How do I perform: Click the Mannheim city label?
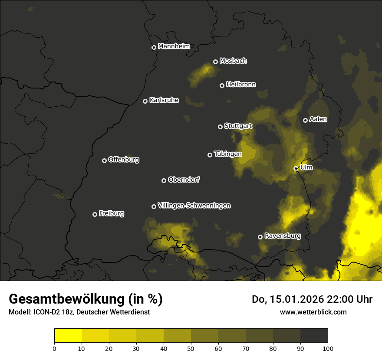point(174,46)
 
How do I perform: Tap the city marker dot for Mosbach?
point(215,62)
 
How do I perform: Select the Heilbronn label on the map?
point(241,85)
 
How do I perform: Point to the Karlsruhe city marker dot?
point(145,101)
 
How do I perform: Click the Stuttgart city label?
point(238,126)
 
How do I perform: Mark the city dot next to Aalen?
point(305,120)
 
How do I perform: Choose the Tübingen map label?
point(228,154)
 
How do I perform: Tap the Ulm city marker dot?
point(296,168)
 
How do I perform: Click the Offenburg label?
point(124,160)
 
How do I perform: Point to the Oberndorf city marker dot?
point(164,180)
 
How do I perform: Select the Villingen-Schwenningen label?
point(194,206)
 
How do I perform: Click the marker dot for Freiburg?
point(95,214)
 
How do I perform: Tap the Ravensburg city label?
point(283,236)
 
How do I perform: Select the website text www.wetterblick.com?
point(313,312)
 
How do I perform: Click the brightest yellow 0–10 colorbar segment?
point(68,336)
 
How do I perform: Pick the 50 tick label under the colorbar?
point(191,348)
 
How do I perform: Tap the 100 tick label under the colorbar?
point(328,348)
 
